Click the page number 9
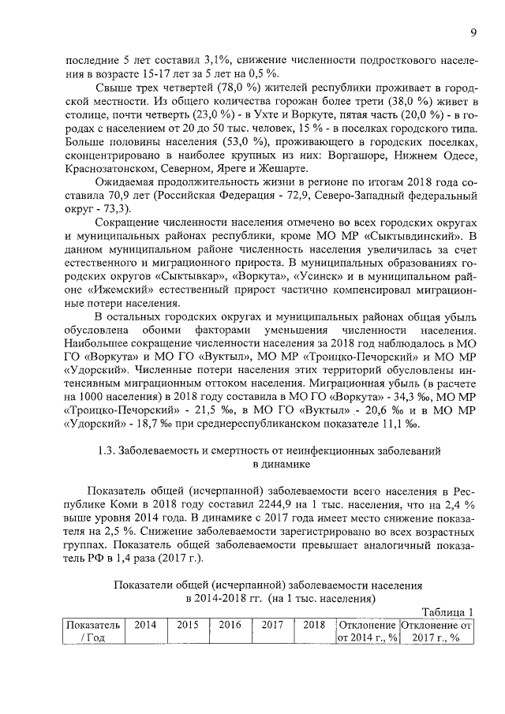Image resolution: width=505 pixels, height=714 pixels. [473, 32]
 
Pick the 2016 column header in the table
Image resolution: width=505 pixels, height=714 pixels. [230, 624]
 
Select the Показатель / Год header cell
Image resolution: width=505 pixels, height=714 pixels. [93, 631]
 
